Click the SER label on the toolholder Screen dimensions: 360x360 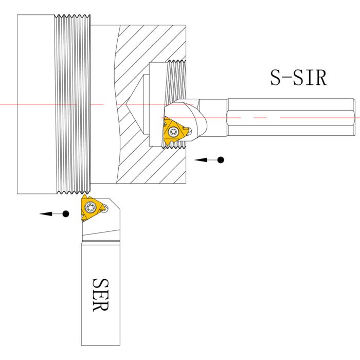pyautogui.click(x=100, y=295)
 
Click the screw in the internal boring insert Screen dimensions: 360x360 pyautogui.click(x=174, y=132)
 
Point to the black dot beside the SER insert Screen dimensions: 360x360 pyautogui.click(x=66, y=213)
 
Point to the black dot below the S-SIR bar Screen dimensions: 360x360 pyautogui.click(x=221, y=160)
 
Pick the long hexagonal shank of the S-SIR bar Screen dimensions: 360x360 pyautogui.click(x=291, y=117)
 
